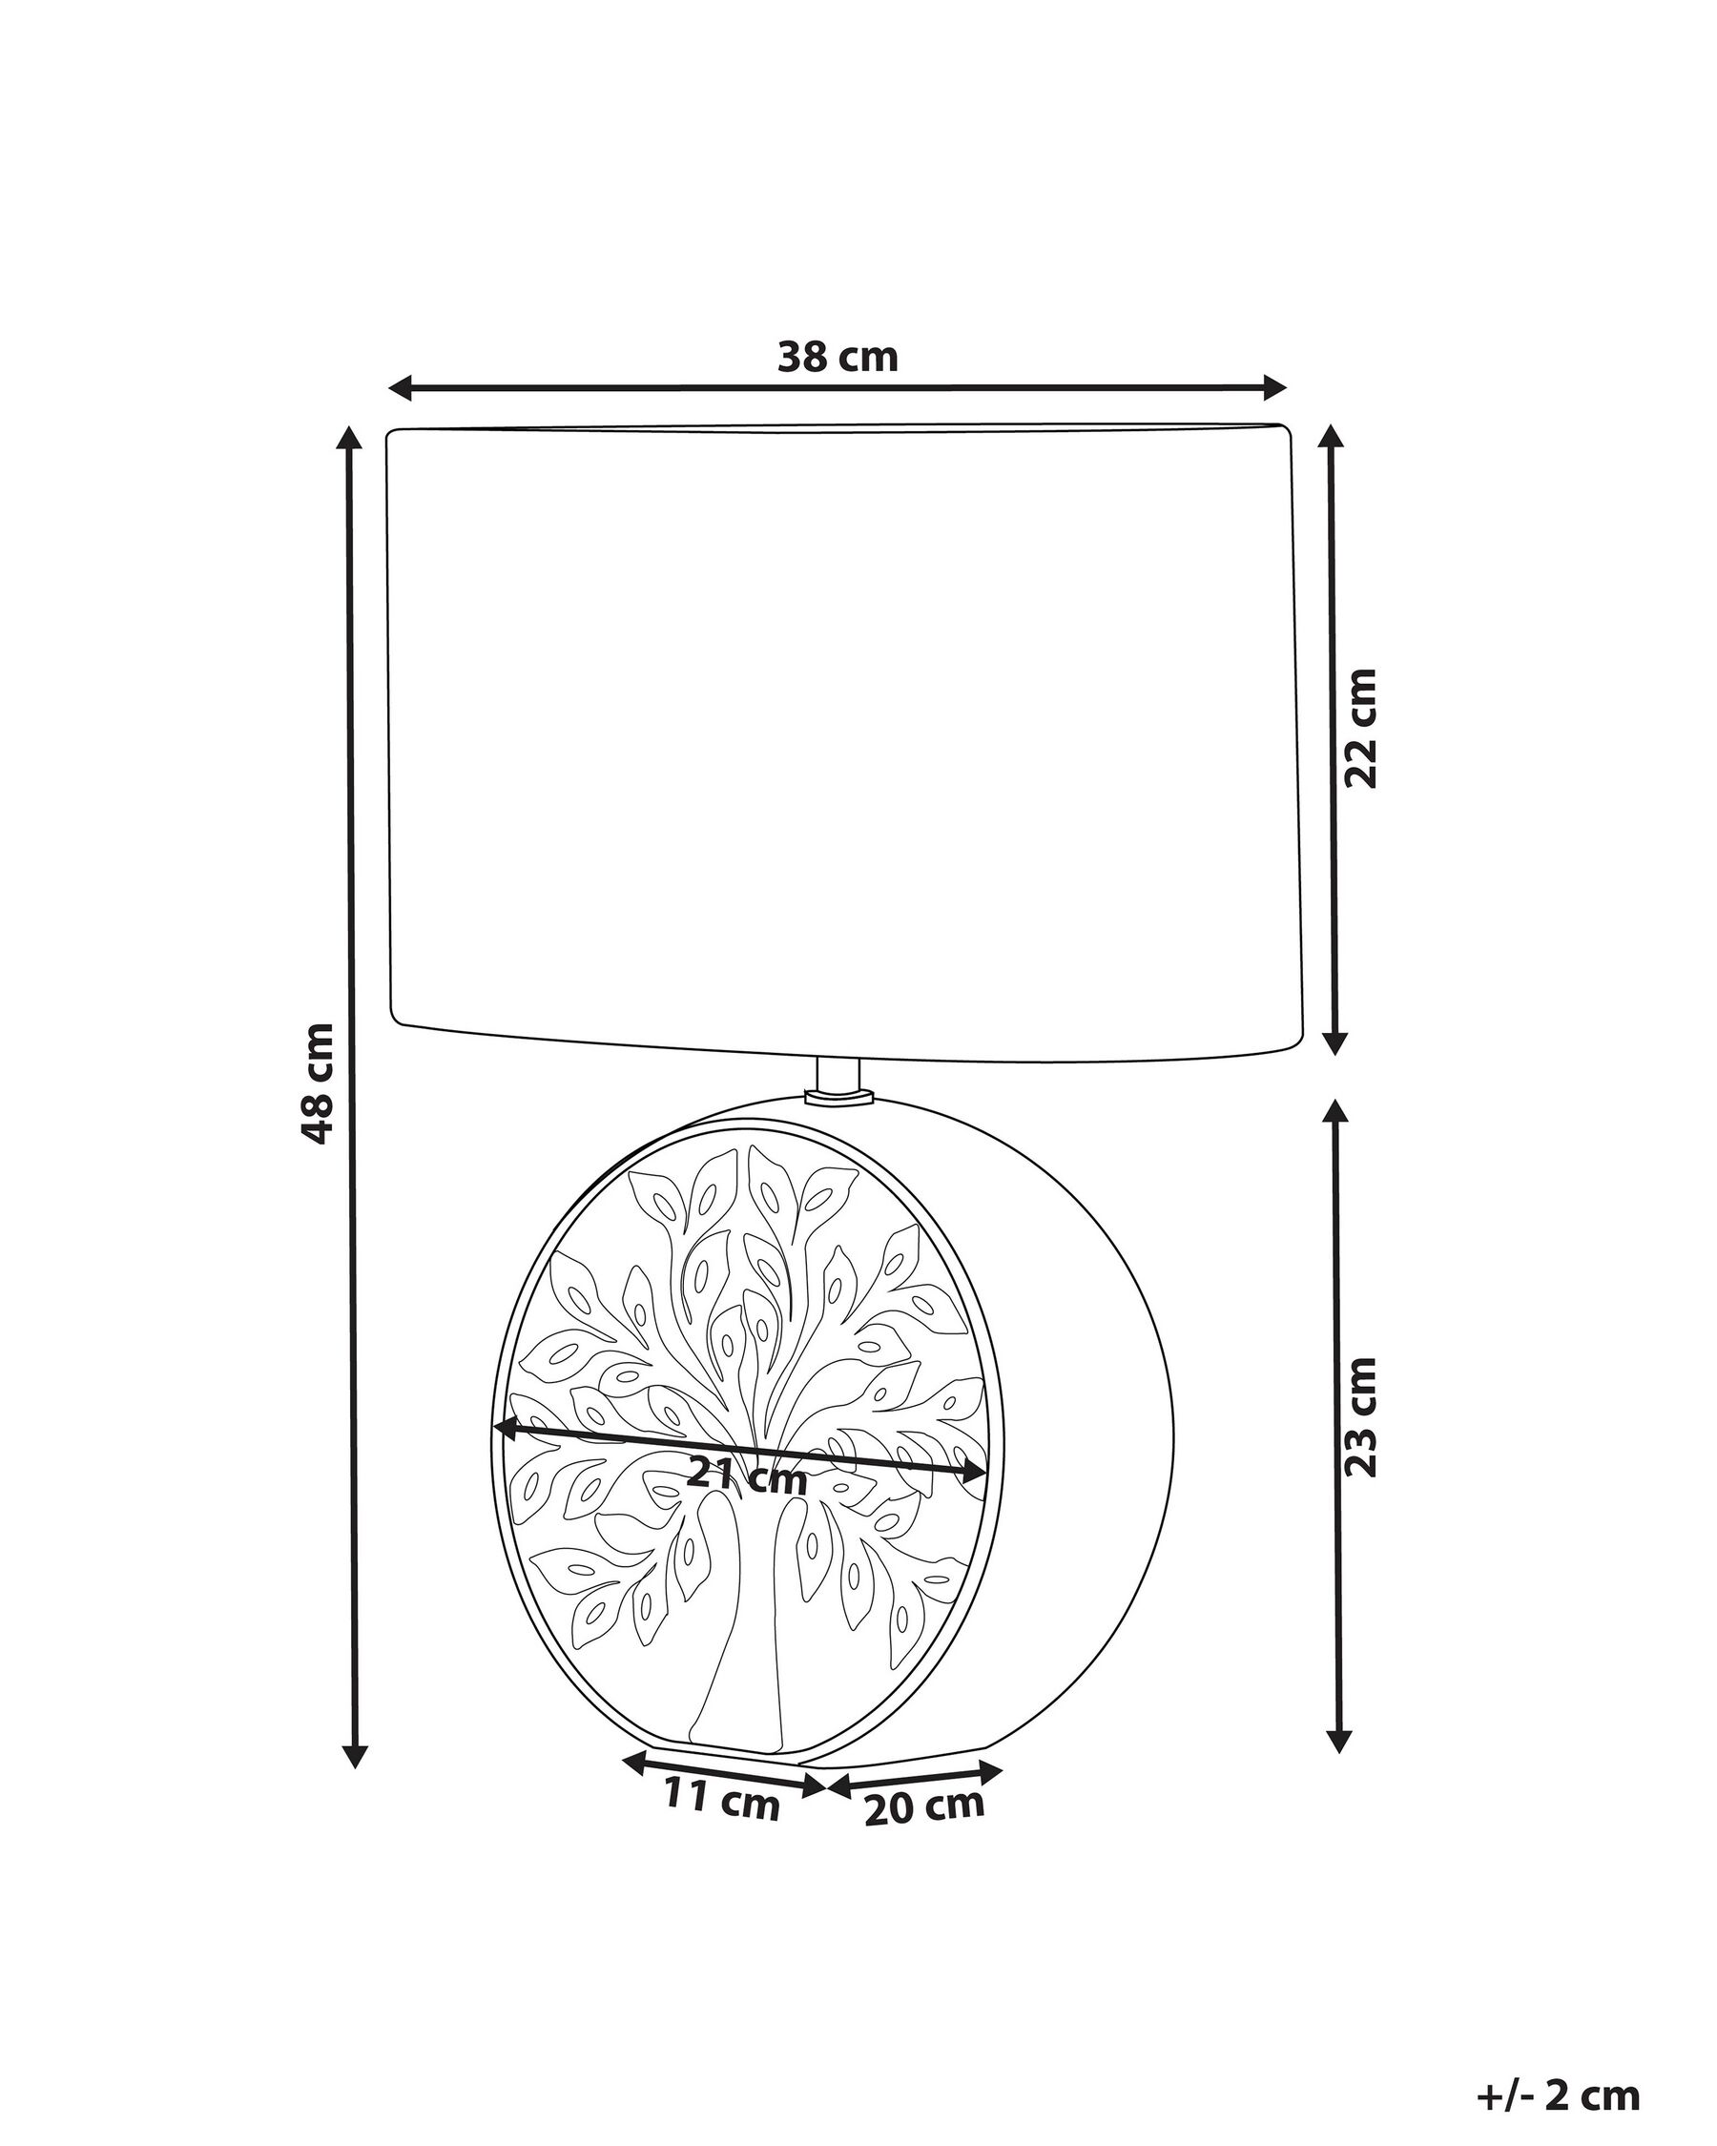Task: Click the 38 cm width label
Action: coord(838,358)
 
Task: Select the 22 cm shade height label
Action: coord(1359,729)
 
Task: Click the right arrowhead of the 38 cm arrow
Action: coord(1274,388)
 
